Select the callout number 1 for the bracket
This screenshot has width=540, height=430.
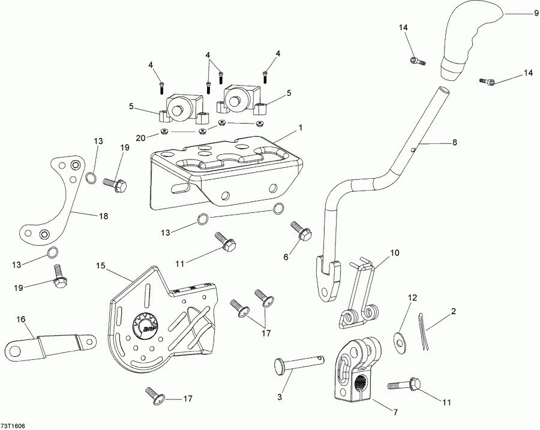click(x=301, y=128)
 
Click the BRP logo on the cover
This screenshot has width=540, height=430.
click(x=146, y=328)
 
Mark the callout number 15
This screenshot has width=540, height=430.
click(x=100, y=264)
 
